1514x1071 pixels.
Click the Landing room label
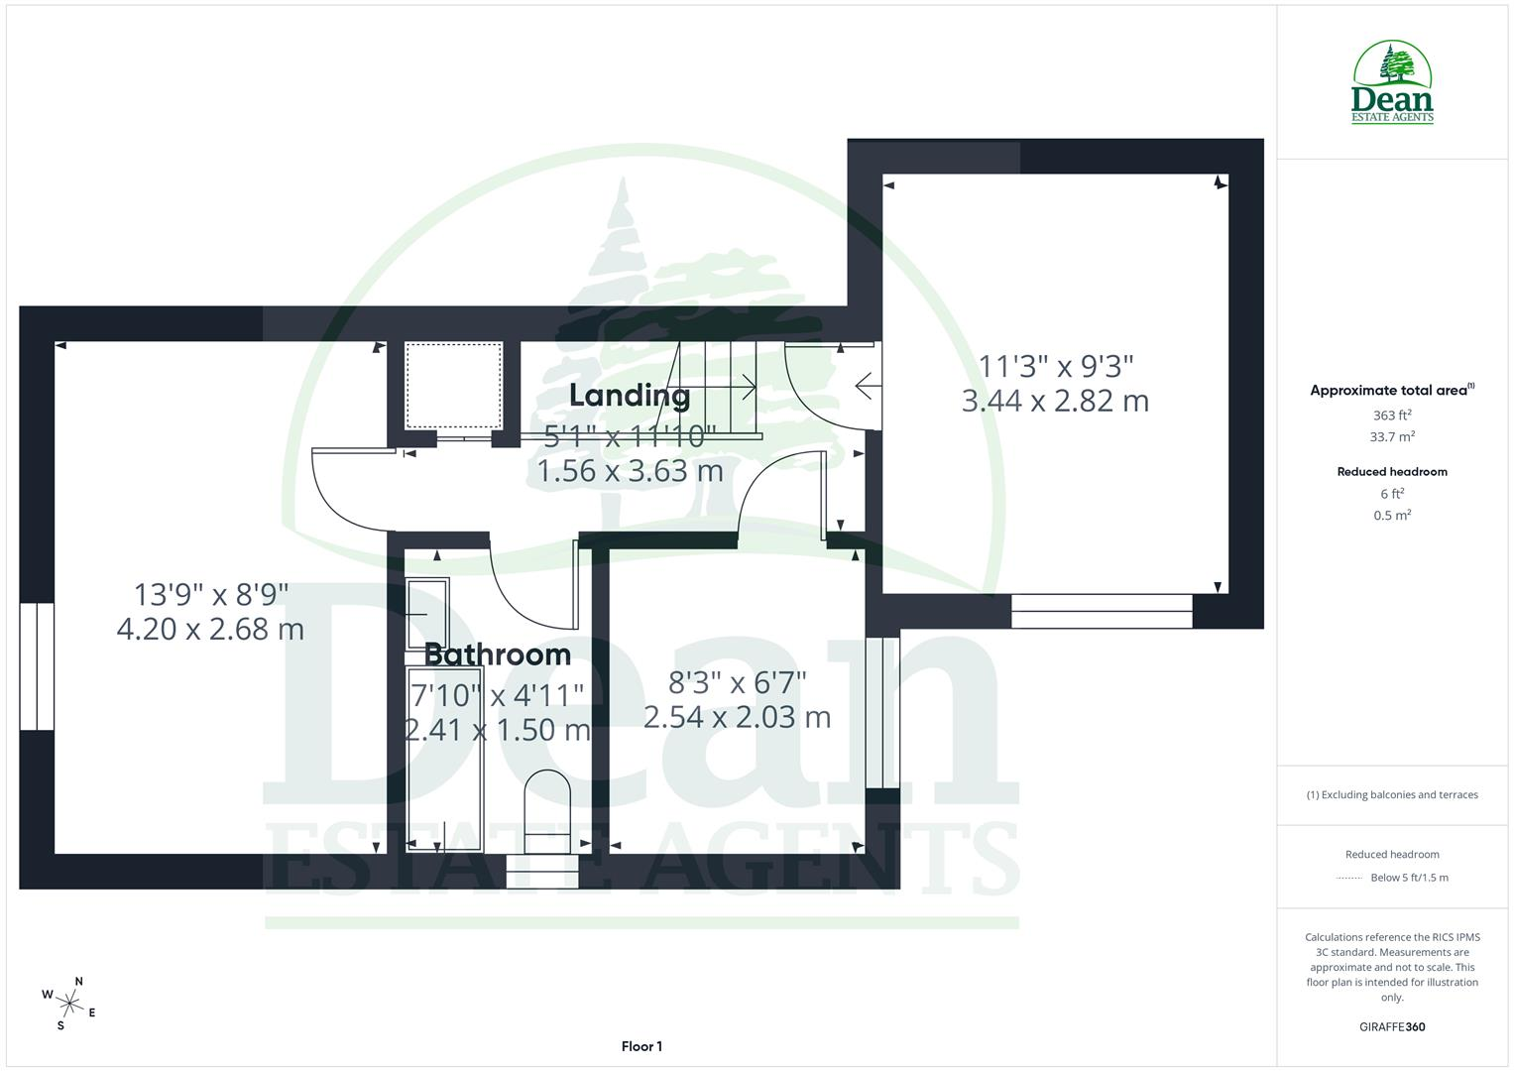coord(630,397)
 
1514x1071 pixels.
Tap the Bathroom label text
coord(498,654)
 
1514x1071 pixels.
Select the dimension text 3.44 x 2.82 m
coord(1055,401)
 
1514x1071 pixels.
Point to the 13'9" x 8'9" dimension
coord(211,595)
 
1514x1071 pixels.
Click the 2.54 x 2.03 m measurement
coord(737,717)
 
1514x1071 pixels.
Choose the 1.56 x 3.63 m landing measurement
coord(630,471)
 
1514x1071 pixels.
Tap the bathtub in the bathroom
coord(444,760)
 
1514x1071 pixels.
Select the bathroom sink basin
coord(428,613)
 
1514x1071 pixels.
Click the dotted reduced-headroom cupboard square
coord(453,386)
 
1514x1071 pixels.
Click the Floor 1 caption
coord(641,1046)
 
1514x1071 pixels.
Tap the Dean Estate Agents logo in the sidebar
coord(1392,82)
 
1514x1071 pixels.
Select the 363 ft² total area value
coord(1392,416)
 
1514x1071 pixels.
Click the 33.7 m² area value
coord(1392,436)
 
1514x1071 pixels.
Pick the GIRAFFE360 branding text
coord(1392,1027)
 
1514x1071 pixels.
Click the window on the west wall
coord(37,666)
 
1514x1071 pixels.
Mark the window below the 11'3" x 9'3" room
coord(1102,611)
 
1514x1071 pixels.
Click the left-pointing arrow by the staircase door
coord(869,386)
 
